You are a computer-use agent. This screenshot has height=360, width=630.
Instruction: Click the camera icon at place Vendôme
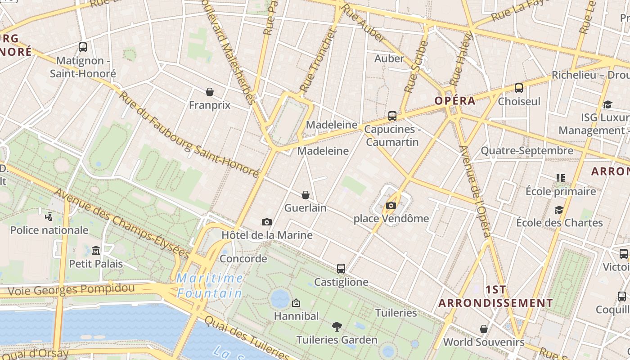click(x=391, y=206)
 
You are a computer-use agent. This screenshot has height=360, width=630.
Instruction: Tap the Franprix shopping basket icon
click(x=210, y=92)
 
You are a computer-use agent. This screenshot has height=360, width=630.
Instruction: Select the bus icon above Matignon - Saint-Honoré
click(x=83, y=47)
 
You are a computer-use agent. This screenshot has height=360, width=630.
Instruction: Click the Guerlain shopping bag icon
click(x=306, y=195)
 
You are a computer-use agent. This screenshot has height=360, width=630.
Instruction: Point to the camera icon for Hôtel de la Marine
click(x=267, y=222)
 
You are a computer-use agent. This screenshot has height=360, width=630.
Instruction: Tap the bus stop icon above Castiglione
click(x=341, y=269)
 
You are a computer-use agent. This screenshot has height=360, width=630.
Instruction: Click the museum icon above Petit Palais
click(x=96, y=250)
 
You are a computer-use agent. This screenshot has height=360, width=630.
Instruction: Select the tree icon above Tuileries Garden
click(x=337, y=326)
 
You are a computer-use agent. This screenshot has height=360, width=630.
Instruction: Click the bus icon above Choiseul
click(x=519, y=88)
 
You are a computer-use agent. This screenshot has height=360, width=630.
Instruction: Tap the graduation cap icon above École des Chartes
click(x=559, y=210)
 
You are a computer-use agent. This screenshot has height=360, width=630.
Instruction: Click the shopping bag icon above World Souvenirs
click(x=484, y=329)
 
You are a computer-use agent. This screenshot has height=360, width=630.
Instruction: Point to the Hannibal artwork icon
click(x=296, y=303)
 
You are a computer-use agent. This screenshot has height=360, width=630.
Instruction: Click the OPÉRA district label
click(x=455, y=101)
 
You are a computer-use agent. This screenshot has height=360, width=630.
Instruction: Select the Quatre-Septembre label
click(x=527, y=151)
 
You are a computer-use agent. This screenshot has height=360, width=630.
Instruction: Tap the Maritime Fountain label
click(x=210, y=286)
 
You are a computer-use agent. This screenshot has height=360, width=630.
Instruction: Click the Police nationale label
click(x=49, y=230)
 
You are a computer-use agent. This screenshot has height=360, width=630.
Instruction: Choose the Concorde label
click(x=243, y=259)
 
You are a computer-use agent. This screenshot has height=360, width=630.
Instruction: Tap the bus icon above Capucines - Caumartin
click(x=392, y=116)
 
